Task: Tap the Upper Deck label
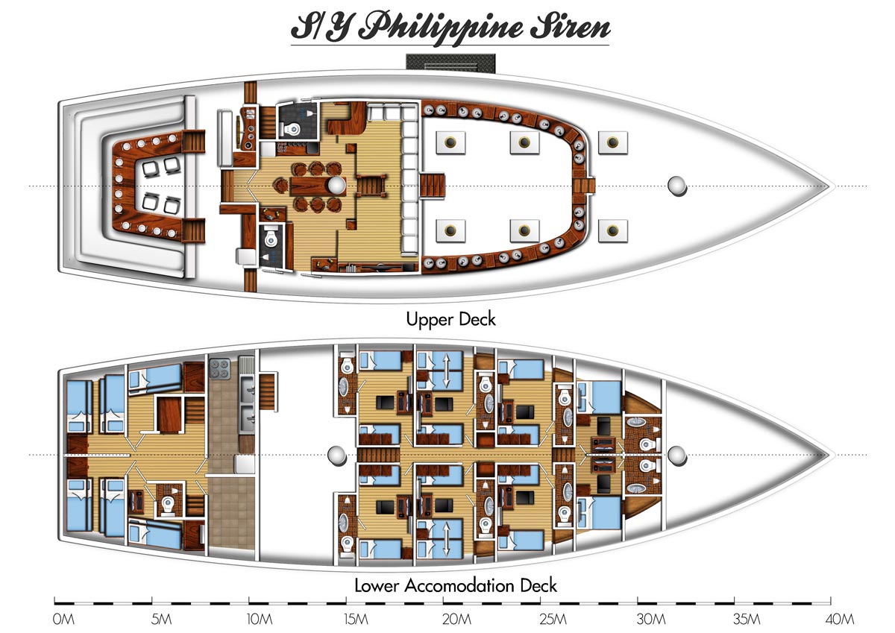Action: (x=450, y=320)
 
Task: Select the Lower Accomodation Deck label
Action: (x=456, y=585)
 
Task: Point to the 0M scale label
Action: (x=63, y=620)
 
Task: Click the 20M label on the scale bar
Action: (x=456, y=620)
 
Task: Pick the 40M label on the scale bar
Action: (x=840, y=620)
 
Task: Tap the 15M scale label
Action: (x=356, y=620)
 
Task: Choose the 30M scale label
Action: (x=651, y=620)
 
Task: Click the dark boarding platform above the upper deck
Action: (x=450, y=63)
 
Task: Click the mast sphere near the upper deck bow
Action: (x=676, y=186)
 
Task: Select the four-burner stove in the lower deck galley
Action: (x=220, y=368)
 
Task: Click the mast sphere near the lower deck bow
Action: (x=676, y=456)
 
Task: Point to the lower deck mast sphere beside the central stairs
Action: (x=337, y=456)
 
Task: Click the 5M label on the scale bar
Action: (x=161, y=620)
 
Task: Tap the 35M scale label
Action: (x=747, y=620)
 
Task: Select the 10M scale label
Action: (x=260, y=620)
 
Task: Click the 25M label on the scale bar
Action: (x=553, y=620)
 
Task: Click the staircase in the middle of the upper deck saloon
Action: (x=371, y=186)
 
